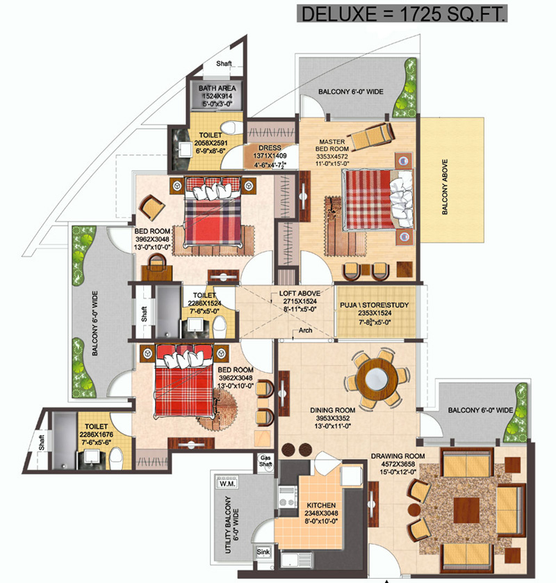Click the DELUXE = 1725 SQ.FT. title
coord(402,14)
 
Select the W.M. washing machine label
coord(227,484)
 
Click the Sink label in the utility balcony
coord(263,552)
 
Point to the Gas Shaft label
coord(265,461)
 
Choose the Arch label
coord(305,330)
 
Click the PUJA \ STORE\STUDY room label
coord(375,305)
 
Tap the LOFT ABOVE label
coord(300,294)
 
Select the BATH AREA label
coord(217,88)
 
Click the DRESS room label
coord(270,147)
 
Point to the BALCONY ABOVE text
coord(445,187)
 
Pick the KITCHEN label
coord(321,505)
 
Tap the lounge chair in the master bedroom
coord(371,135)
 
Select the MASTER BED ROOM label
coord(332,145)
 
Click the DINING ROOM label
coord(332,410)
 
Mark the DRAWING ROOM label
coord(398,456)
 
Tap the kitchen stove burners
coord(288,497)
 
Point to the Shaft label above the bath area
coord(224,63)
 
